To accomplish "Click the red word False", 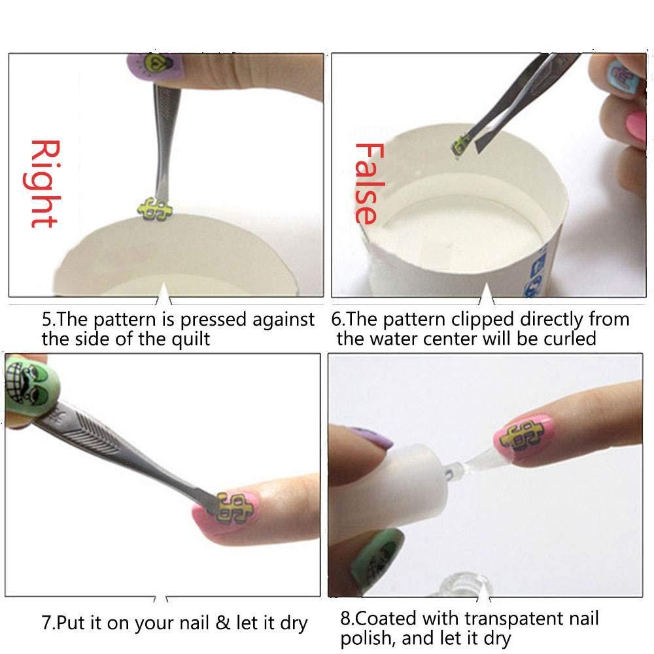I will coord(366,183).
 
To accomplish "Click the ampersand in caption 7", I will coord(222,623).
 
